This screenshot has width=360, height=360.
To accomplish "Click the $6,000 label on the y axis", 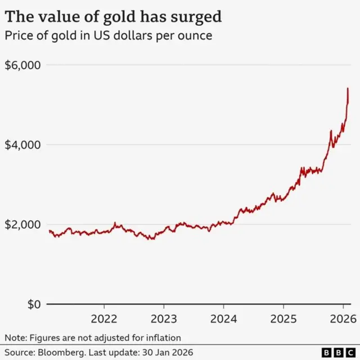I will pos(22,65).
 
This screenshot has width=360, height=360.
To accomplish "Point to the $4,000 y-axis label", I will pos(22,145).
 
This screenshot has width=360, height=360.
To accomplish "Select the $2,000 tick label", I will pos(22,224).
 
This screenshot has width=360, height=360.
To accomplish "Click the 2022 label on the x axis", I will pos(104,319).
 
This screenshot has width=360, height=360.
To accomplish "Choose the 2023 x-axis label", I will pos(164,319).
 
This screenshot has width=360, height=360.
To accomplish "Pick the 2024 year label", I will pos(223,319).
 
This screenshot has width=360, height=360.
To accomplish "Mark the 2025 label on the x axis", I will pos(283,319).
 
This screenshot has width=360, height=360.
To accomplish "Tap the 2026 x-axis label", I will pos(343,319).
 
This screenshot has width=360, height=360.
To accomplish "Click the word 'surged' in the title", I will pos(193,16).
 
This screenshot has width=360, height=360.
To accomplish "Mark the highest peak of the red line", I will pos(348,88).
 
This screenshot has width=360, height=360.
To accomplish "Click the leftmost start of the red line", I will pos(49,231).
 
